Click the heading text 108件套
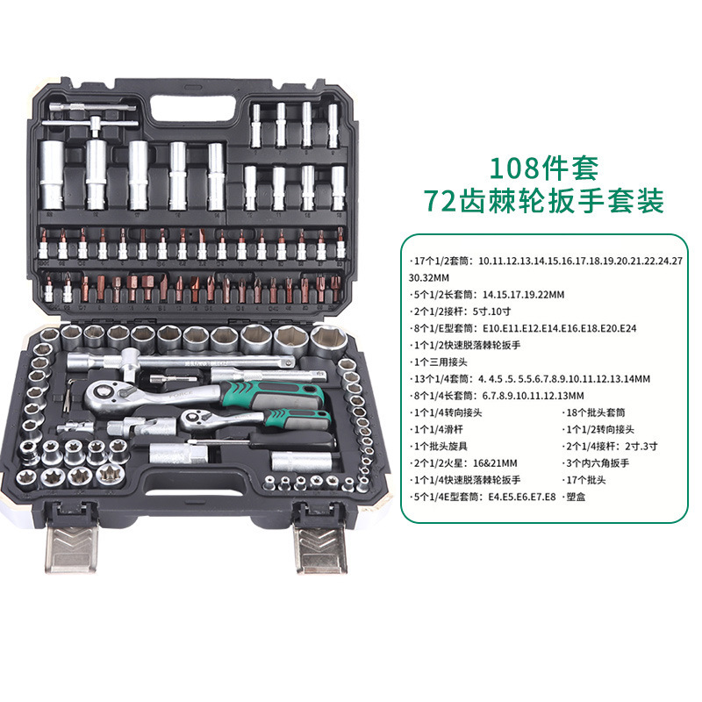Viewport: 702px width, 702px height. (543, 168)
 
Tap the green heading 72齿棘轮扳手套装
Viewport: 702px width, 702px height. (543, 201)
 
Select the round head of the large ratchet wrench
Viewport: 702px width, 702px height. (107, 394)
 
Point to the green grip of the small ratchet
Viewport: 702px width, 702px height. (297, 419)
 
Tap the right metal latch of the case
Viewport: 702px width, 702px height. (320, 549)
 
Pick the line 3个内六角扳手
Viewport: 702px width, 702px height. (596, 463)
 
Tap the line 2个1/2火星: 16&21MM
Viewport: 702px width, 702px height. (463, 463)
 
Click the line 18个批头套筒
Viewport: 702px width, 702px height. (594, 412)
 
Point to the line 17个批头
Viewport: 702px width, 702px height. (584, 480)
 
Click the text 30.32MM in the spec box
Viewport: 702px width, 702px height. (429, 277)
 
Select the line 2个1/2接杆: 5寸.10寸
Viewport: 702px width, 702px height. (460, 312)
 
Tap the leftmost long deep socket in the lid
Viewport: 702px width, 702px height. (51, 175)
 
